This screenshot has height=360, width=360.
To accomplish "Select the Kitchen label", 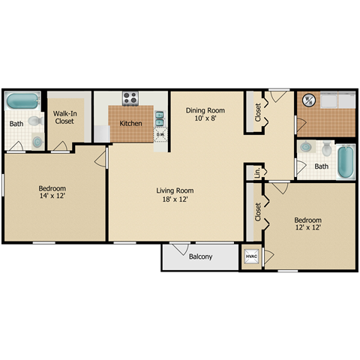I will [130, 123].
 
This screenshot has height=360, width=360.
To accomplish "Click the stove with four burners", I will [130, 98].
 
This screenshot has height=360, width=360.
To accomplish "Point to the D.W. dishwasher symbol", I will [160, 136].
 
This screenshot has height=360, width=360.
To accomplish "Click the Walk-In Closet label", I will [64, 117].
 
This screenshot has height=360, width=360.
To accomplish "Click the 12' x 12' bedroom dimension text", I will [307, 226].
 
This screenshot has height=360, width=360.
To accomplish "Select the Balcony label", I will [200, 257].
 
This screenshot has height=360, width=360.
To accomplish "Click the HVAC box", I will [250, 257].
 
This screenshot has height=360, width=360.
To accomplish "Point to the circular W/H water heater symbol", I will [307, 100].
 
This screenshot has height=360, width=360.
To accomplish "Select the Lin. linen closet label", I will [257, 172].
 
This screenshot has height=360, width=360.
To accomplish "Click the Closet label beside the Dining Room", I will [257, 112].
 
